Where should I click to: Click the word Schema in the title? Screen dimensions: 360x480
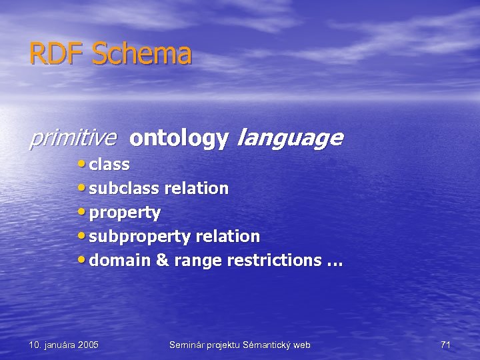tap(141, 54)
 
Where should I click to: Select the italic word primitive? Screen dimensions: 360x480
tap(73, 138)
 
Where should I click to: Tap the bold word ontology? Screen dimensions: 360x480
tap(179, 139)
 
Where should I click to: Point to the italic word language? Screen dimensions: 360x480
tap(290, 139)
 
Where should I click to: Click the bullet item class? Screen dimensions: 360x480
tap(109, 164)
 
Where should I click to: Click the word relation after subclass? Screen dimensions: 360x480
tap(196, 188)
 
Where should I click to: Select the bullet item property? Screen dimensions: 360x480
tap(125, 213)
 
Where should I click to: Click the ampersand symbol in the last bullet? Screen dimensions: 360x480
tap(163, 260)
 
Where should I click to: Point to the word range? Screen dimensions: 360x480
tap(198, 261)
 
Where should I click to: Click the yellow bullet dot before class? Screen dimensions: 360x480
tap(81, 163)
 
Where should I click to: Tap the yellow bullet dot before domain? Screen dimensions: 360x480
tap(81, 259)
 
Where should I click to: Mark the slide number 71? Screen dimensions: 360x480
tap(445, 345)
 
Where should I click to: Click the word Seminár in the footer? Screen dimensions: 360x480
tap(189, 345)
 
